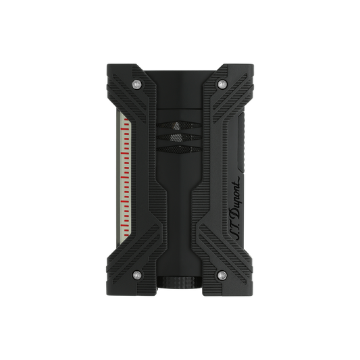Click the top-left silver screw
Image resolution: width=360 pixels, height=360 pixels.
(137, 84)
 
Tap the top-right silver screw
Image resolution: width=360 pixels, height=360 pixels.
(222, 84)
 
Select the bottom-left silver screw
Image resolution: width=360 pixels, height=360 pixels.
(137, 274)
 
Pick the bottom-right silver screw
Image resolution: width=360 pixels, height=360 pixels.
(222, 275)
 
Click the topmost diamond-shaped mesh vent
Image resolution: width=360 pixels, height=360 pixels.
(179, 126)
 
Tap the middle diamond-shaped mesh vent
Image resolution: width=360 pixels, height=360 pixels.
(179, 137)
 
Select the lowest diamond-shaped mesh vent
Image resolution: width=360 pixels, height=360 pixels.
(179, 149)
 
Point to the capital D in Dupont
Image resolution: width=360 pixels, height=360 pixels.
(236, 215)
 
